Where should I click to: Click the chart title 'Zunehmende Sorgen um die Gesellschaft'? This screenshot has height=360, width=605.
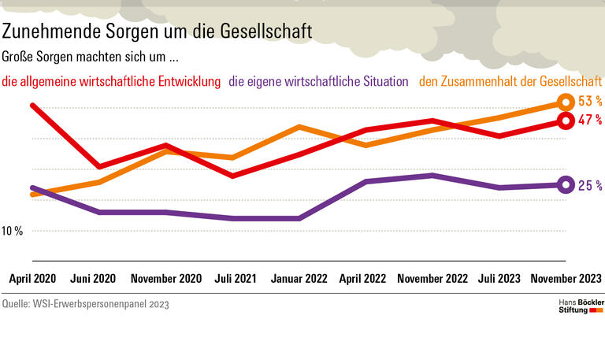click(x=157, y=32)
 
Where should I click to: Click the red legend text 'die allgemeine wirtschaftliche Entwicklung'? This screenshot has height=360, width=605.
click(x=111, y=81)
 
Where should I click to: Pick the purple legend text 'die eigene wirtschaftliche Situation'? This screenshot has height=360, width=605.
click(x=318, y=81)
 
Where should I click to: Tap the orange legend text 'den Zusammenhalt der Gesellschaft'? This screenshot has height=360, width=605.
click(x=510, y=81)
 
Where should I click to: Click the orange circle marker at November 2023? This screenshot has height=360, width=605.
click(x=565, y=102)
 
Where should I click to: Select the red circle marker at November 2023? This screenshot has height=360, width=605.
click(x=565, y=121)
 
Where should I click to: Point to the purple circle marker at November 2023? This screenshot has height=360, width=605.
click(x=565, y=185)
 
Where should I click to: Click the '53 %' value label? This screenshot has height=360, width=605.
click(x=589, y=102)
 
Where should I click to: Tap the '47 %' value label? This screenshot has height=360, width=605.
click(x=589, y=121)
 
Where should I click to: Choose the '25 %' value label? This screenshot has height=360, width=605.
click(x=589, y=186)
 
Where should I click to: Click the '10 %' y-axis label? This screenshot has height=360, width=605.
click(x=13, y=232)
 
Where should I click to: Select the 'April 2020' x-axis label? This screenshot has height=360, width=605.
click(x=32, y=279)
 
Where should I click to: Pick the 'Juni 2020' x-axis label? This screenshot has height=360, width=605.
click(x=93, y=279)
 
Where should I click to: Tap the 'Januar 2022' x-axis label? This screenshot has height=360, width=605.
click(x=299, y=279)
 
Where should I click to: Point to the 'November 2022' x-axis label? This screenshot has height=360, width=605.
click(x=432, y=279)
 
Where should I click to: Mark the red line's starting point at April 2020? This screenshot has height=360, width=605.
click(x=32, y=105)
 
